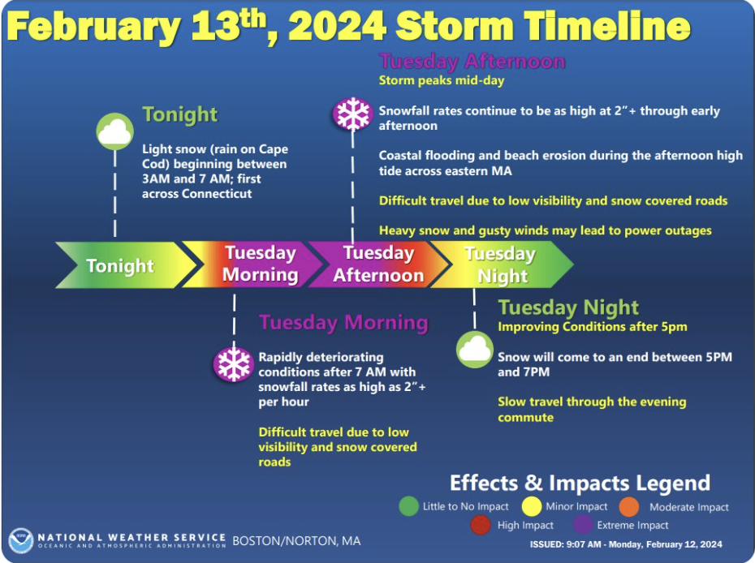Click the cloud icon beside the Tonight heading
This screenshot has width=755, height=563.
tap(114, 131)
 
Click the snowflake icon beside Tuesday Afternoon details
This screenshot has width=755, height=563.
tap(353, 114)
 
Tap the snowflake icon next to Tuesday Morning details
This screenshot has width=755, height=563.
tap(234, 364)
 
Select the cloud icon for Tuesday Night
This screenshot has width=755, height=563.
tap(475, 350)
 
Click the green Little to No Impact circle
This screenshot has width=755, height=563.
tap(409, 506)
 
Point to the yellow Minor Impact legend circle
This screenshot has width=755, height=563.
tap(532, 506)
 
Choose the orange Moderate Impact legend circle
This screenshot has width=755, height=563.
tap(629, 507)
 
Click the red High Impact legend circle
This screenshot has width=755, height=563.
tap(481, 525)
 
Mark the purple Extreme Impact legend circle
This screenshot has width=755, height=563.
tap(584, 525)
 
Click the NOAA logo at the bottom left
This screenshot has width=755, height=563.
tap(21, 540)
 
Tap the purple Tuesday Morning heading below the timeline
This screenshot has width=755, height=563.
tap(343, 322)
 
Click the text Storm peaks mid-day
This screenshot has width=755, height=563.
tap(442, 80)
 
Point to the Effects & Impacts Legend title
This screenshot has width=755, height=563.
tap(580, 483)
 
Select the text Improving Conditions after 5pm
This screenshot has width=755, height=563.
tap(593, 327)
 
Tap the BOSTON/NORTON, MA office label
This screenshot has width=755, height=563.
tap(296, 541)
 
